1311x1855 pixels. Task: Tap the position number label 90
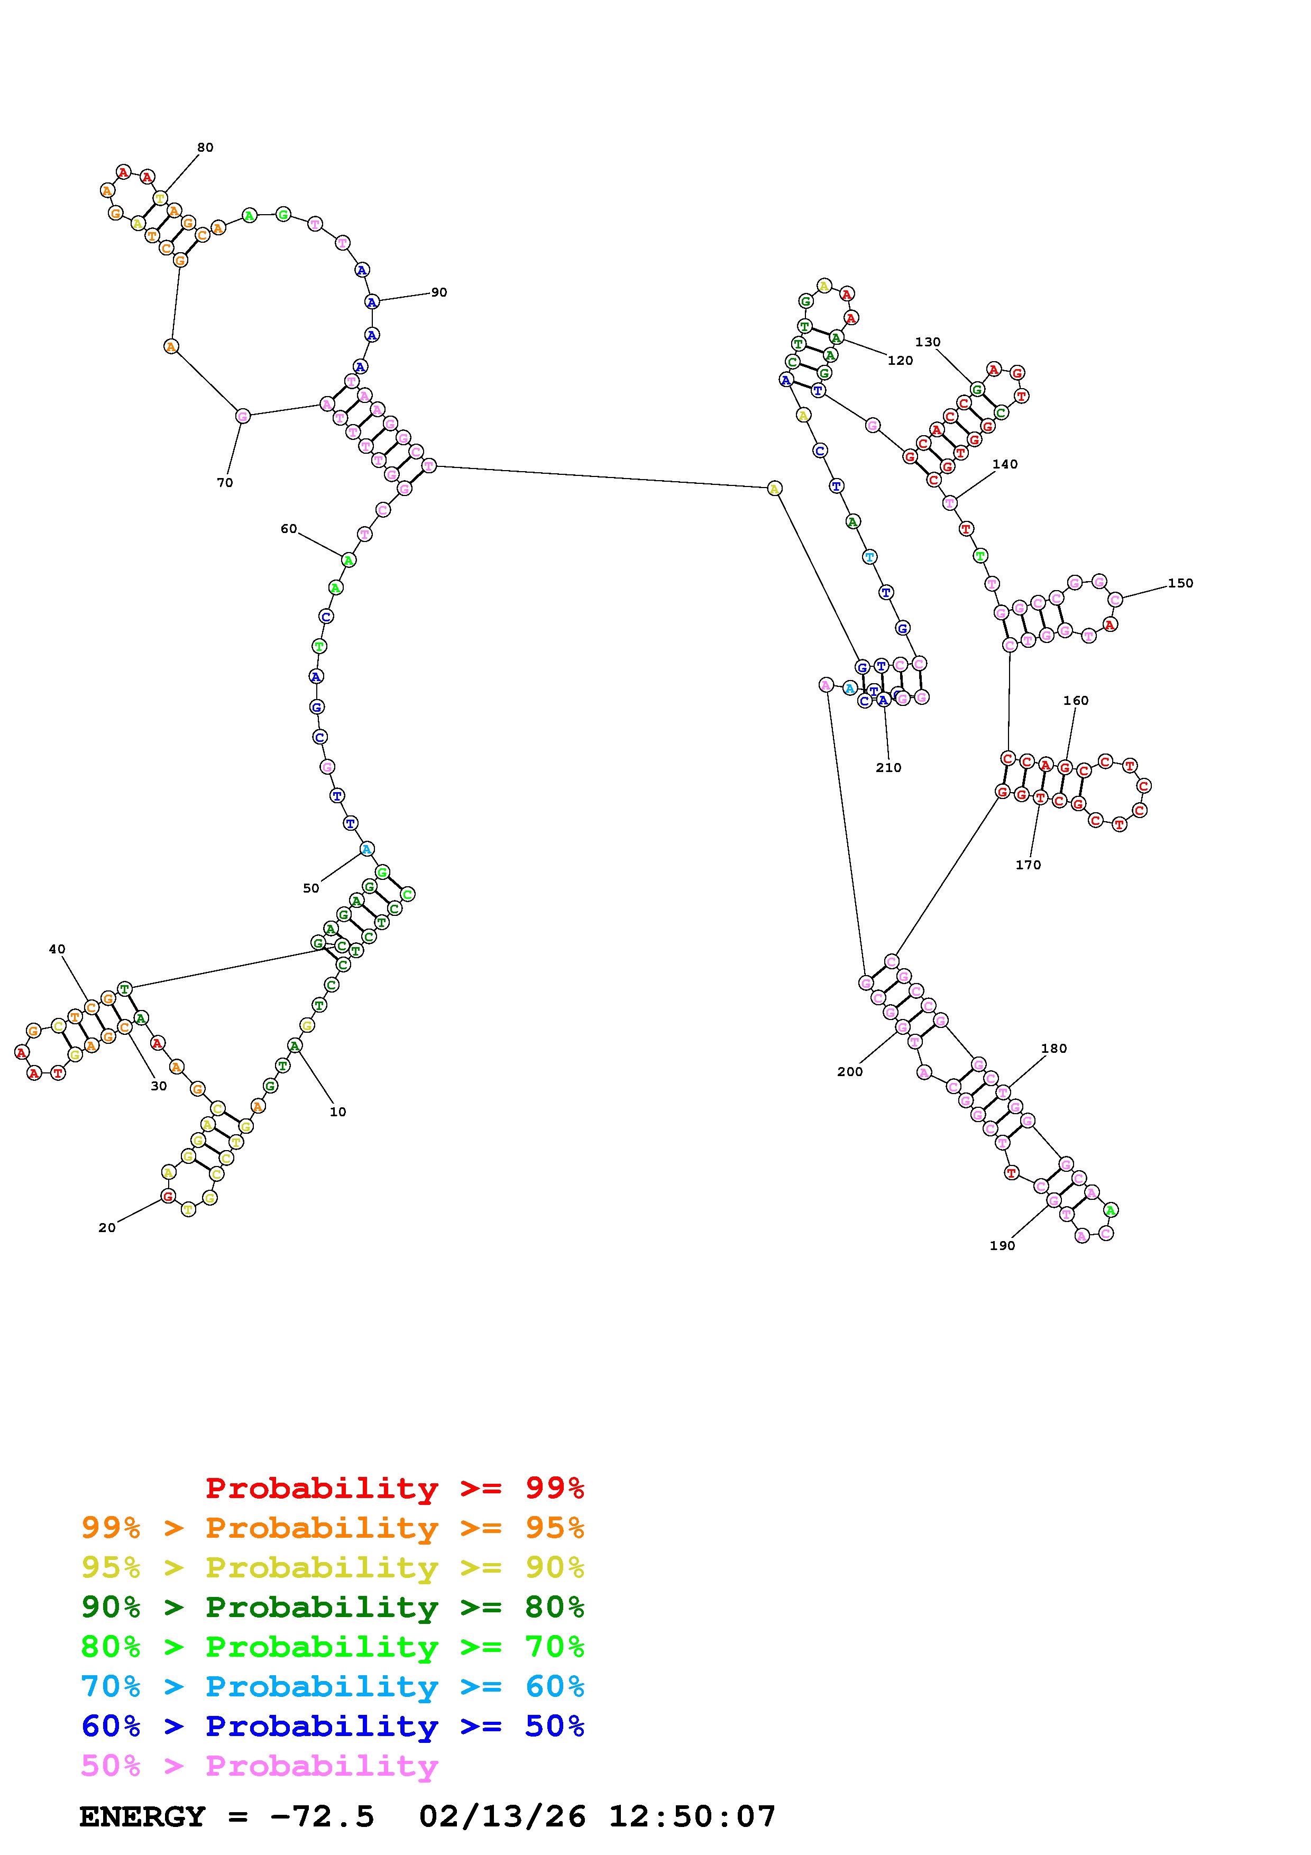[x=438, y=292]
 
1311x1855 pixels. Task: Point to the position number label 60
[x=288, y=529]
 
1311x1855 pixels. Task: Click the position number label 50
[x=311, y=888]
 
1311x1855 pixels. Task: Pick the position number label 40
[x=57, y=949]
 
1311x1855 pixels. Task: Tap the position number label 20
[x=107, y=1227]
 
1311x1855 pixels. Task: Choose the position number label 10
[x=337, y=1112]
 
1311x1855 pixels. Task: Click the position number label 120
[x=900, y=360]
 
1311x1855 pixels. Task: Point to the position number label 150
[x=1180, y=583]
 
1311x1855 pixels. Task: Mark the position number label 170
[x=1028, y=865]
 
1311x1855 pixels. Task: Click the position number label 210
[x=888, y=767]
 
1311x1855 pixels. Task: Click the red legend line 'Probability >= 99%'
[x=395, y=1488]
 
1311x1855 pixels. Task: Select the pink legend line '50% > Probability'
[x=259, y=1765]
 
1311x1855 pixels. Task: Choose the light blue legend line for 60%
[x=332, y=1686]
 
